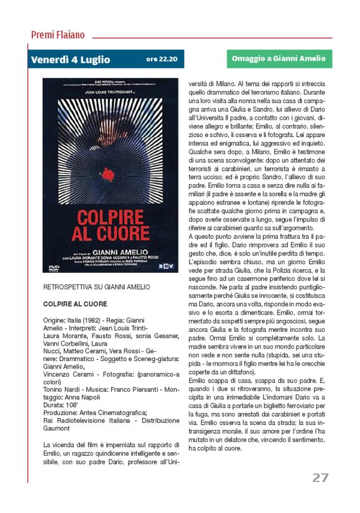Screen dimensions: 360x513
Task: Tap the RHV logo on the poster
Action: click(164, 267)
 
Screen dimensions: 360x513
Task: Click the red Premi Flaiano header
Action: click(58, 35)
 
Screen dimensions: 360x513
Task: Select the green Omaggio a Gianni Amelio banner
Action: click(279, 59)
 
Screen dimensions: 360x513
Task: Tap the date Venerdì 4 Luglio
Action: click(71, 60)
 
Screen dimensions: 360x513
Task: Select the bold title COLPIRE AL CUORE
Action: click(75, 304)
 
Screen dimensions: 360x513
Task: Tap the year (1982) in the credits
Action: click(94, 320)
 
